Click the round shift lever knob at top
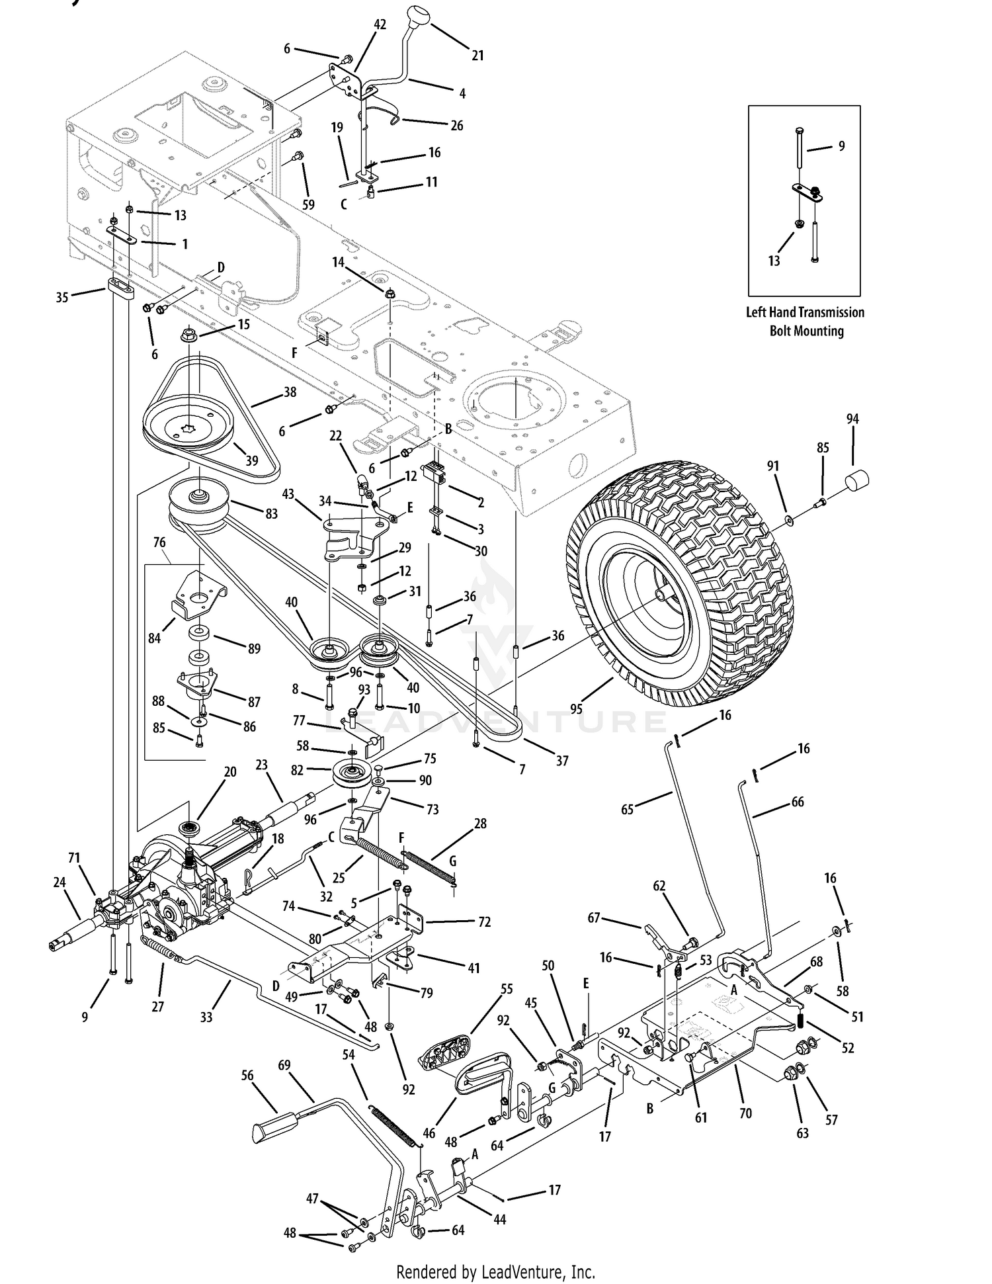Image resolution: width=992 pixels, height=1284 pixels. tap(419, 15)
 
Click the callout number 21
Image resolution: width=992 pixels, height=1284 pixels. tap(477, 56)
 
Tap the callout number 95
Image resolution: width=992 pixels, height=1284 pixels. tap(576, 708)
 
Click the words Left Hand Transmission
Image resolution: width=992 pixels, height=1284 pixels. tap(805, 312)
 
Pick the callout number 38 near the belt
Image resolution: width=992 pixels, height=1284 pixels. tap(290, 392)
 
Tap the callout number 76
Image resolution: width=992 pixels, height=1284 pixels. tap(159, 542)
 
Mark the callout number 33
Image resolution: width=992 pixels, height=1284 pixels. tap(206, 1017)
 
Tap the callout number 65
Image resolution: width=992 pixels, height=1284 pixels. tap(628, 808)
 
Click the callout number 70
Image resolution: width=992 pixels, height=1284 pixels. tap(745, 1113)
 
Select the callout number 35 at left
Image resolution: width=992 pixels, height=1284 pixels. tap(62, 298)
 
